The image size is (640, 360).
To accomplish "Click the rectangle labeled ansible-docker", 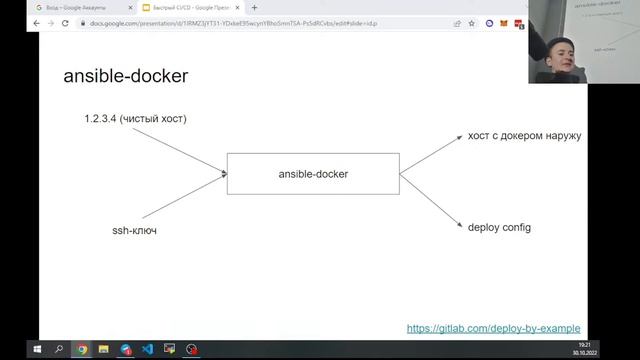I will (313, 174).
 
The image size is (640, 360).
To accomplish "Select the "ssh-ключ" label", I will (134, 230).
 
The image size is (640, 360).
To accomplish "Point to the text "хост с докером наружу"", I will (524, 135).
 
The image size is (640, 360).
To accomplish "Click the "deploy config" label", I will (499, 227).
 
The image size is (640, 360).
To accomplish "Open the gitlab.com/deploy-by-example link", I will (494, 328).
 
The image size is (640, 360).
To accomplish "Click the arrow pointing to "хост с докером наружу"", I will (430, 155).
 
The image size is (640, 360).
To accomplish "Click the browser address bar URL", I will (250, 23).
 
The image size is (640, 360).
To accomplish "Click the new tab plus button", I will (254, 7).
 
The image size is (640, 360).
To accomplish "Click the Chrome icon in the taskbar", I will (82, 350).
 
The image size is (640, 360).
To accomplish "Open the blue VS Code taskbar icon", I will (147, 350).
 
